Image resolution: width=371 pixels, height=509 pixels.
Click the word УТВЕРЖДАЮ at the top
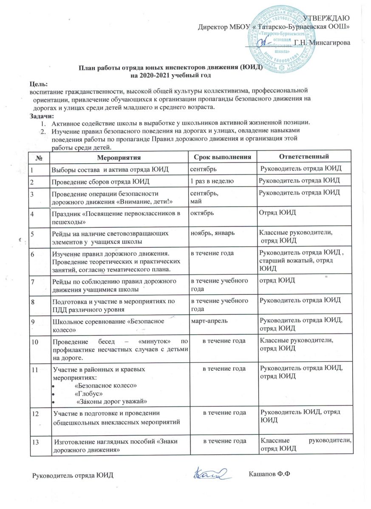(x=327, y=17)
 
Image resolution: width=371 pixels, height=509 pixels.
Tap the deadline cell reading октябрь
(x=201, y=211)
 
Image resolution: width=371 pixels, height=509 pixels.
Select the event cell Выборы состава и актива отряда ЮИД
(x=110, y=170)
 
